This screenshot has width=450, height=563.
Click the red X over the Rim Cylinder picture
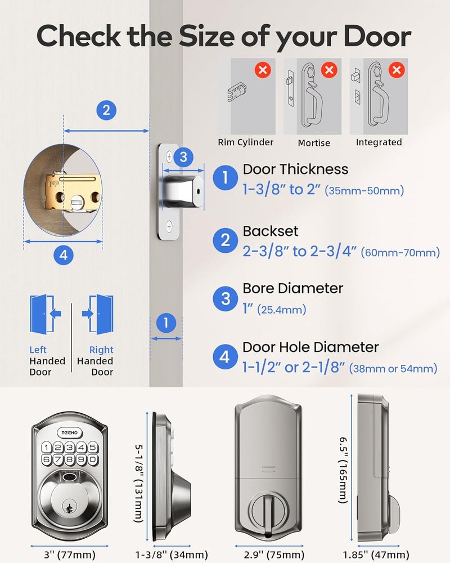262,71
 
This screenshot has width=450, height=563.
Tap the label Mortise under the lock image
314,143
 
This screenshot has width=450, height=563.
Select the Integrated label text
379,142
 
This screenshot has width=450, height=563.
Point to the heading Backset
271,231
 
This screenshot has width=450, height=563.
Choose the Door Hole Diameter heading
310,347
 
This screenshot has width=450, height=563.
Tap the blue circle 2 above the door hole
106,109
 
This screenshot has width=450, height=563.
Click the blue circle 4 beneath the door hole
63,255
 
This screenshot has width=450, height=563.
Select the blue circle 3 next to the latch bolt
183,157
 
